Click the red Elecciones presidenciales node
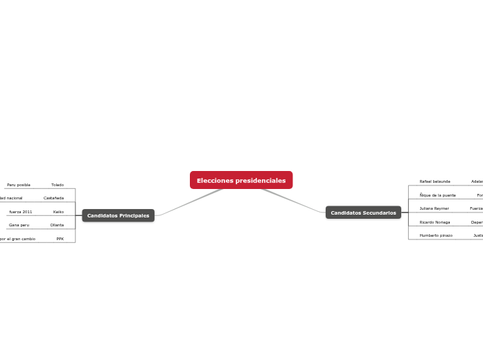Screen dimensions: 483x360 pyautogui.click(x=241, y=180)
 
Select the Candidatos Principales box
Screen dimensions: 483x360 pyautogui.click(x=118, y=215)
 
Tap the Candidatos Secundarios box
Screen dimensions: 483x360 pyautogui.click(x=363, y=213)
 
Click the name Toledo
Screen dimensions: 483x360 pyautogui.click(x=58, y=185)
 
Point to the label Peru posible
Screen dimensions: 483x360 pyautogui.click(x=19, y=185)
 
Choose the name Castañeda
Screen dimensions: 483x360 pyautogui.click(x=53, y=198)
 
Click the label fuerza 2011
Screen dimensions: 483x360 pyautogui.click(x=21, y=212)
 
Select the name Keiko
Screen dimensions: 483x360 pyautogui.click(x=58, y=212)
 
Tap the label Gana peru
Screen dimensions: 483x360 pyautogui.click(x=19, y=225)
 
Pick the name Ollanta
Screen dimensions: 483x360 pyautogui.click(x=57, y=225)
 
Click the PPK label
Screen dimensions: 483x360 pyautogui.click(x=60, y=239)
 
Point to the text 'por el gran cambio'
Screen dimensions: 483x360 pyautogui.click(x=18, y=239)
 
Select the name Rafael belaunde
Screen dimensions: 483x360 pyautogui.click(x=434, y=181)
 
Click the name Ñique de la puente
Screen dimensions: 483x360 pyautogui.click(x=437, y=195)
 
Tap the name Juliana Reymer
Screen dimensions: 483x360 pyautogui.click(x=434, y=208)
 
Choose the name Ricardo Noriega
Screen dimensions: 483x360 pyautogui.click(x=434, y=222)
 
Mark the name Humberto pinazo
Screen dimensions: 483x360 pyautogui.click(x=436, y=235)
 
